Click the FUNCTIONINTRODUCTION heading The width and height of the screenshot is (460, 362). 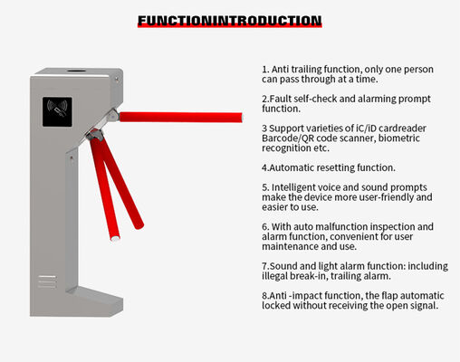229,20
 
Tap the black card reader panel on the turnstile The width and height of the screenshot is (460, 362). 58,112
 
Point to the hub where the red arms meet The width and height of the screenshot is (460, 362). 94,135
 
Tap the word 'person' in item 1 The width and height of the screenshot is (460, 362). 414,69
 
